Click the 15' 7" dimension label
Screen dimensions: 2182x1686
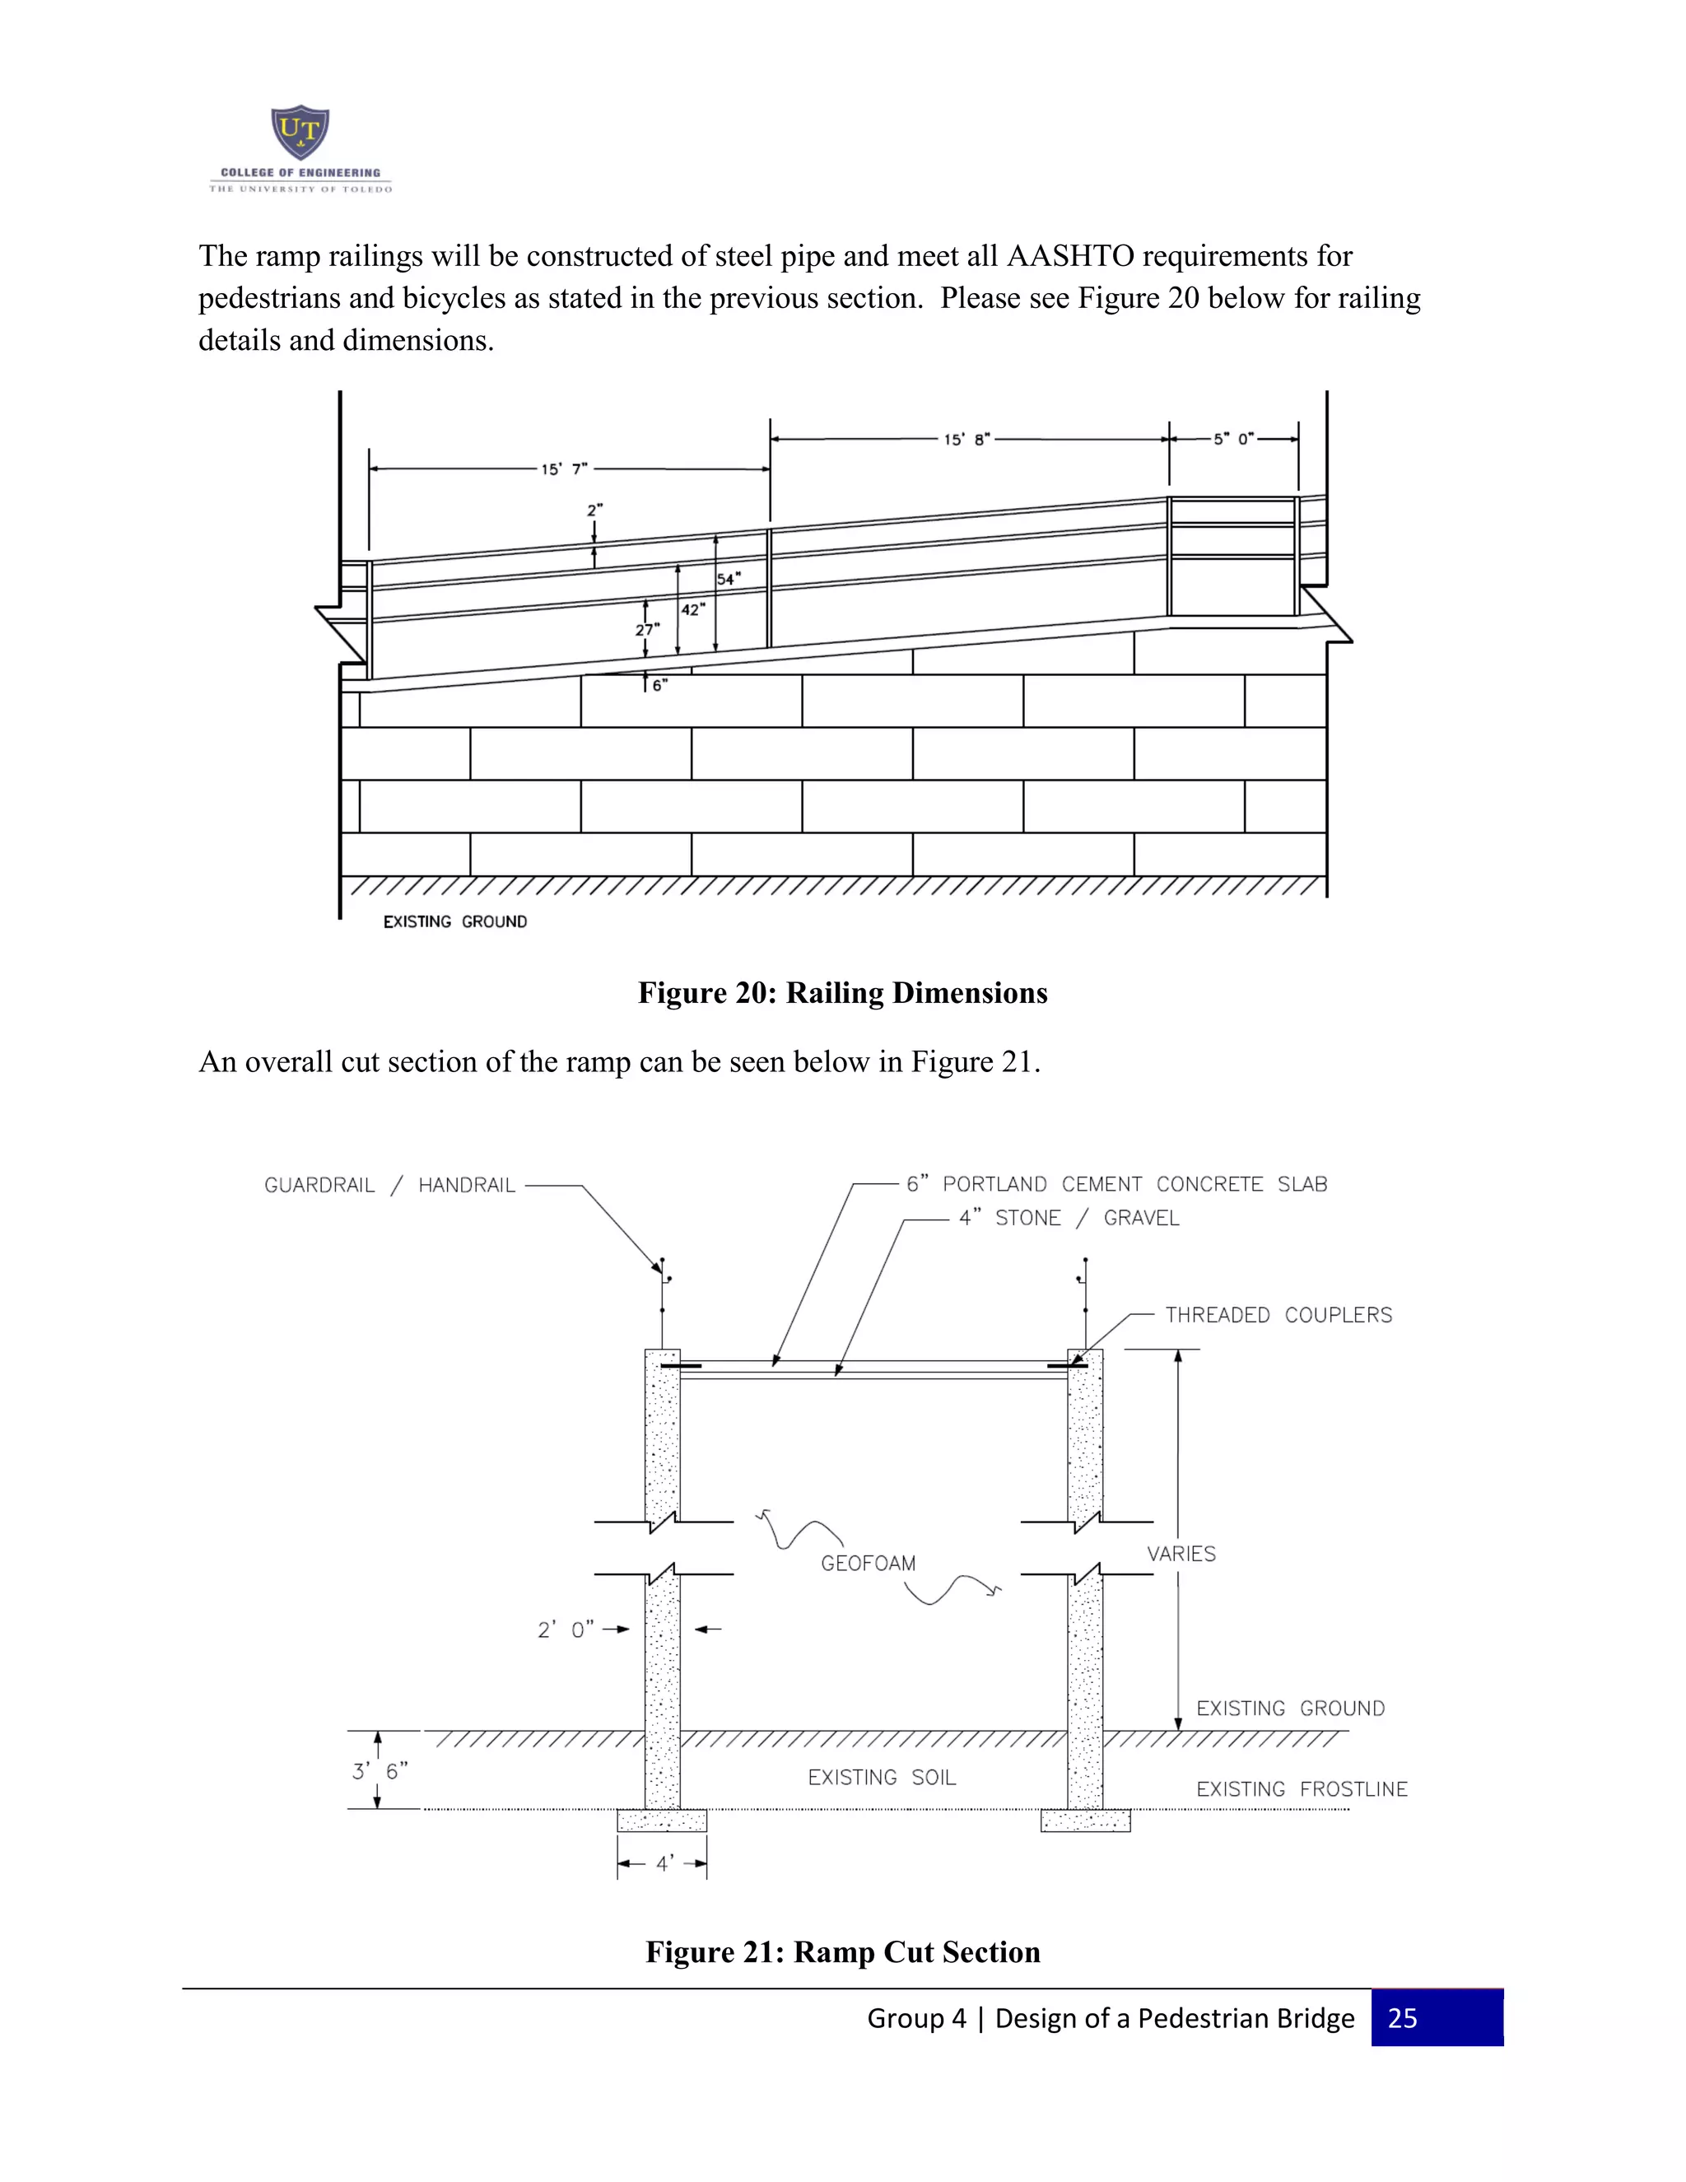[x=564, y=469]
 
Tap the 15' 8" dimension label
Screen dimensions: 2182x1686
[x=966, y=440]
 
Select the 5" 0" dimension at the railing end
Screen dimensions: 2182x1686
[x=1233, y=439]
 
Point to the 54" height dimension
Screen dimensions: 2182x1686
[x=728, y=579]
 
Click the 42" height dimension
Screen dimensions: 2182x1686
[x=692, y=609]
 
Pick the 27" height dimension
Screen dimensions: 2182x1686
[x=647, y=629]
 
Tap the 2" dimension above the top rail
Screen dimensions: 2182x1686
[x=594, y=510]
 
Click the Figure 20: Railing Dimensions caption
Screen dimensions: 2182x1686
[x=842, y=992]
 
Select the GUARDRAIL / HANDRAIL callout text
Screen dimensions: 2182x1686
[x=389, y=1185]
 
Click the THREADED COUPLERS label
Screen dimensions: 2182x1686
[x=1278, y=1315]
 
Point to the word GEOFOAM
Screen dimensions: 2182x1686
[x=868, y=1564]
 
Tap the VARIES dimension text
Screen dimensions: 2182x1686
[x=1181, y=1554]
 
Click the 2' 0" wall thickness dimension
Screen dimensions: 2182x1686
[x=566, y=1630]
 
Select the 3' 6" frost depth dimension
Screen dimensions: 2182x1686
[x=380, y=1771]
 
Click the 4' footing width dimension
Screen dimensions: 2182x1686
[x=664, y=1863]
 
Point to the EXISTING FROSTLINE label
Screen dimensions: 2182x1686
[x=1302, y=1789]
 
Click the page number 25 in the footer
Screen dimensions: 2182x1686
[x=1402, y=2017]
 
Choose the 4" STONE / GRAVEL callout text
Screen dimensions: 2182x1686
[x=1069, y=1218]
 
